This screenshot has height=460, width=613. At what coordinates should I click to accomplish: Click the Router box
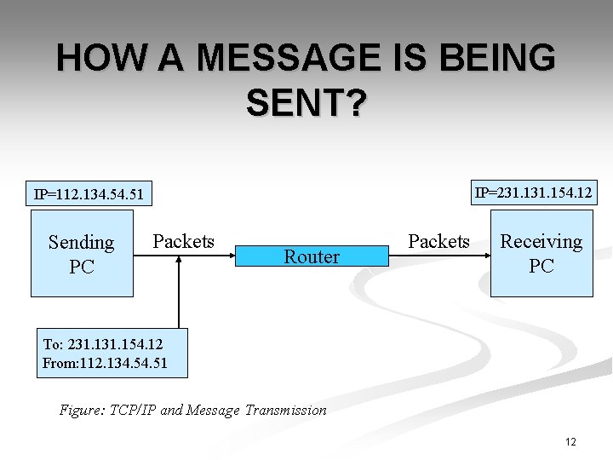(x=312, y=256)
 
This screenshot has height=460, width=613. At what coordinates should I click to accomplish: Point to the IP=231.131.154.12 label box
(x=534, y=193)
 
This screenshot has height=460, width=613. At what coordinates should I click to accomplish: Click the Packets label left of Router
(x=183, y=241)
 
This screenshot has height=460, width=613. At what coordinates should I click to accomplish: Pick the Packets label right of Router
(x=438, y=241)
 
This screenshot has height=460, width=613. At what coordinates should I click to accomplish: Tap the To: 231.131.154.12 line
(x=102, y=344)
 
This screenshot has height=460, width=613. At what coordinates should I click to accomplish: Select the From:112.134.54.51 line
(x=105, y=363)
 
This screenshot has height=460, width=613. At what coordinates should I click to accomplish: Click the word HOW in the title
(x=94, y=58)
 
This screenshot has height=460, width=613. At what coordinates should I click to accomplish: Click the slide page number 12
(x=570, y=441)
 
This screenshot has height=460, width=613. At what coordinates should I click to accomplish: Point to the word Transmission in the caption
(x=284, y=410)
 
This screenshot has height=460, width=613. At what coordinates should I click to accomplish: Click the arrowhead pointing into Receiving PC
(x=486, y=256)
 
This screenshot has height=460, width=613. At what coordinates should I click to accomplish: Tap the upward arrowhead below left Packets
(x=179, y=260)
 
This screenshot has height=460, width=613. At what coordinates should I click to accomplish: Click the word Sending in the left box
(x=82, y=243)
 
